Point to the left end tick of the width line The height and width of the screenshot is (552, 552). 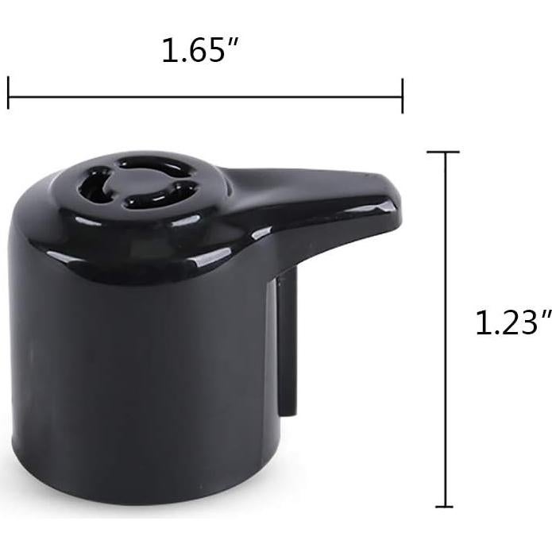point(9,94)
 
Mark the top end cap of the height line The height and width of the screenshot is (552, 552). point(443,151)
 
